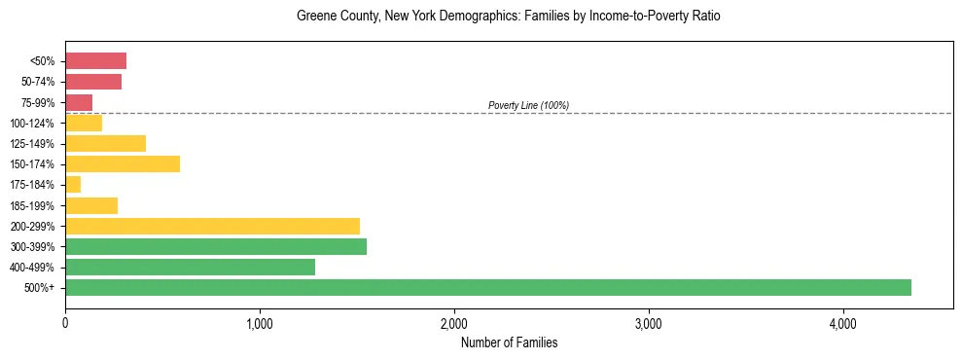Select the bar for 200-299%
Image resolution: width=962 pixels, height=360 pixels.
(x=212, y=226)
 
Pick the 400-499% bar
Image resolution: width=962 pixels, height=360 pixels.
(x=190, y=268)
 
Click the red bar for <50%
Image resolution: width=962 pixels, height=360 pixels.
(x=95, y=61)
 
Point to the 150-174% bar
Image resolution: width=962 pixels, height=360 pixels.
(x=123, y=164)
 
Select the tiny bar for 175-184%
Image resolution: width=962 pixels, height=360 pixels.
(x=73, y=185)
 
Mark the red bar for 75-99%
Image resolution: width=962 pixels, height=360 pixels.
(x=79, y=102)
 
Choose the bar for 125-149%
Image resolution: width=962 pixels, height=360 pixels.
(x=105, y=144)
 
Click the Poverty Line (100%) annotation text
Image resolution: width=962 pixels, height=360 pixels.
(x=528, y=105)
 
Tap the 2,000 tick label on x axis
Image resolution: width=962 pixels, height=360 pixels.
(x=454, y=324)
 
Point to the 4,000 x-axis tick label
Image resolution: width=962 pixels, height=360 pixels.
(x=843, y=324)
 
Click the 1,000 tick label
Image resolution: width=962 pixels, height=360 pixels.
(x=260, y=324)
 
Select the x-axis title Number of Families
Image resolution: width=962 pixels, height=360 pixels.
(x=509, y=343)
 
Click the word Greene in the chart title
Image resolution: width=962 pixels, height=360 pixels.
(x=314, y=17)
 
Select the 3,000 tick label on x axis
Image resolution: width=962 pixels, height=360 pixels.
(x=649, y=324)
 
